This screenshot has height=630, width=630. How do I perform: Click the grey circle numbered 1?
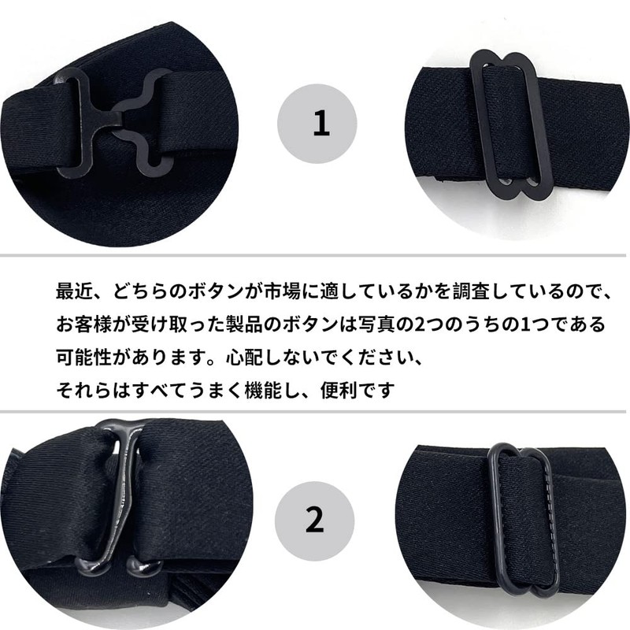coord(317,124)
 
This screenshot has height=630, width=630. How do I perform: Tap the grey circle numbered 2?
coord(314,521)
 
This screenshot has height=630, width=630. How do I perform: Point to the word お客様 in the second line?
coord(83,324)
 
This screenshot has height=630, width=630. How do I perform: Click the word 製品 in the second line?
coord(244,324)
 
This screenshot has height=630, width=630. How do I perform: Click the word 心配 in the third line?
coord(244,357)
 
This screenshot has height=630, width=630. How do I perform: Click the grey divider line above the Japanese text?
coord(313,255)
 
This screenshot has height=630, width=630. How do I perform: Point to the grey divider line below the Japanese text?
coord(313,411)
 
